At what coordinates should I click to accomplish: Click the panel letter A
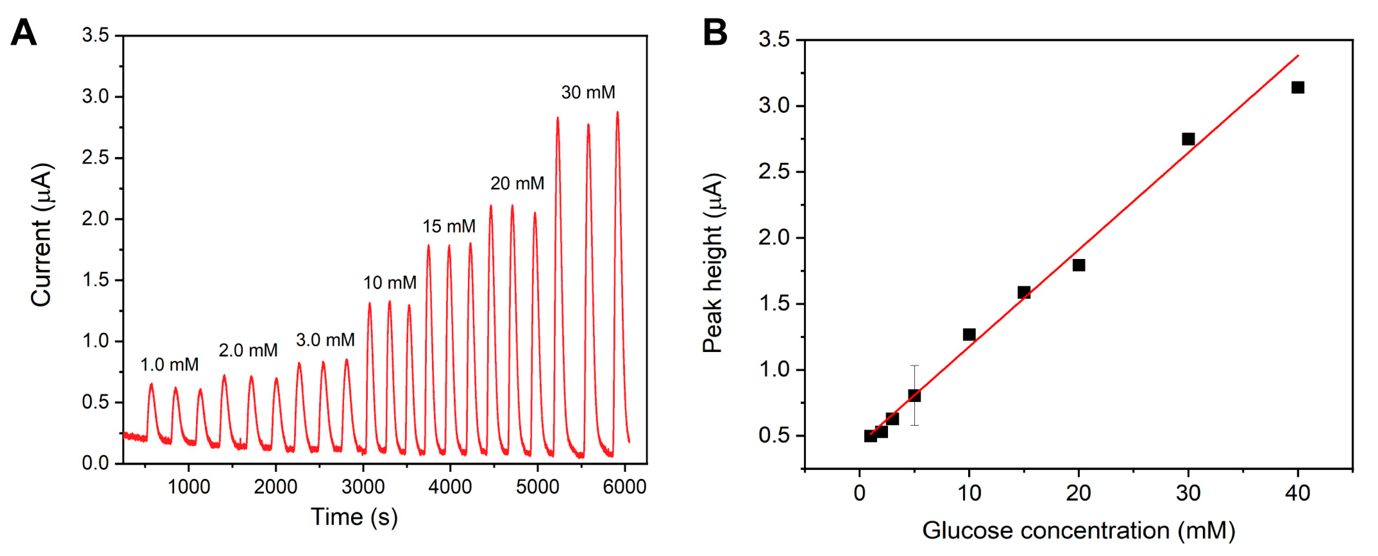(24, 33)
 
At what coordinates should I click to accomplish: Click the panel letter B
(715, 33)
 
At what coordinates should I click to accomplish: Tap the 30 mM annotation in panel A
(588, 93)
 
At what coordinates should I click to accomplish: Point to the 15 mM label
(449, 226)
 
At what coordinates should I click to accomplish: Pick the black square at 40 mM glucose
(1297, 87)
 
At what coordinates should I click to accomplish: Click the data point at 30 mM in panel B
(1188, 139)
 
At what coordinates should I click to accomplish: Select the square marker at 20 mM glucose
(1079, 265)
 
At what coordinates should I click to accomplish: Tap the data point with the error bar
(914, 396)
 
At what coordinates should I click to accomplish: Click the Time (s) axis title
(354, 517)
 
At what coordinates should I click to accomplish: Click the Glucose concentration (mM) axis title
(1079, 531)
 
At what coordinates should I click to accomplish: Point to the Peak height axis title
(713, 263)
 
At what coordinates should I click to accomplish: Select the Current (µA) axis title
(41, 235)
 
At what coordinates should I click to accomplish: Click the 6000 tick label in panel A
(624, 487)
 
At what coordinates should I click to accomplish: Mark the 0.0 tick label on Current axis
(95, 463)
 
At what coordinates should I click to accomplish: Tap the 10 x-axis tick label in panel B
(969, 493)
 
